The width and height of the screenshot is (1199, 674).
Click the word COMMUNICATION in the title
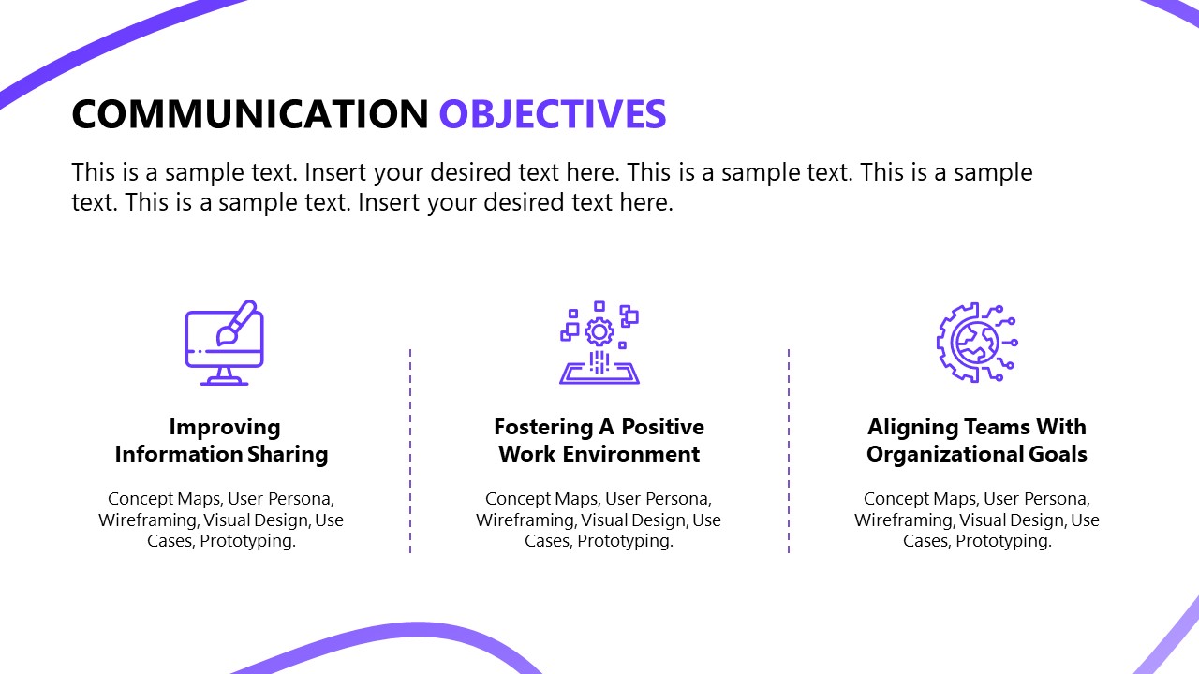coord(249,114)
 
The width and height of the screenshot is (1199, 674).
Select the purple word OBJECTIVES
coord(553,114)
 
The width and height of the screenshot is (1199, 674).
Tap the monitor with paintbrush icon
coord(224,343)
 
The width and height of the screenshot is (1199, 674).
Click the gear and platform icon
coord(599,343)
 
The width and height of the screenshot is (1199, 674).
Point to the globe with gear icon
coord(976,343)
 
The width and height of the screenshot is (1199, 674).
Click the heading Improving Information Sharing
coord(222,441)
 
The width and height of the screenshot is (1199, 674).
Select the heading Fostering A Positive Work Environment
coord(599,441)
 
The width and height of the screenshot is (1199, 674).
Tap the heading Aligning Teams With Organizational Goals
coord(977,441)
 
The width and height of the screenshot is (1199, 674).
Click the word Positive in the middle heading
coord(662,428)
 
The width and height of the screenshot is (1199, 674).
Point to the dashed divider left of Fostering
coord(410,451)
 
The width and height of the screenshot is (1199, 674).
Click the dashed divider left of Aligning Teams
coord(789,451)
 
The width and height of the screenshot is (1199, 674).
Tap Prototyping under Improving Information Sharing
coord(247,541)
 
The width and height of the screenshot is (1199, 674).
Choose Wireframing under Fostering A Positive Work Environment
coord(526,520)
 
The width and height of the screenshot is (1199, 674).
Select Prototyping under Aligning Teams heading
coord(1003,541)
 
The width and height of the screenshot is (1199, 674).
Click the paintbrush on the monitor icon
coord(236,320)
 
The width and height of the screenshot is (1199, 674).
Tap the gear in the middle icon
coord(599,331)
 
